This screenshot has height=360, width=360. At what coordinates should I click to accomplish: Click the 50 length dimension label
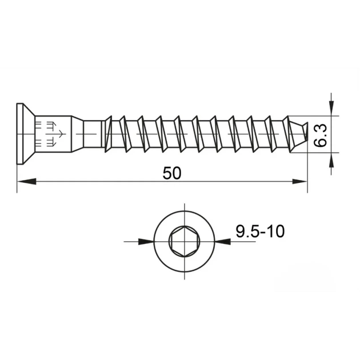[x=172, y=173]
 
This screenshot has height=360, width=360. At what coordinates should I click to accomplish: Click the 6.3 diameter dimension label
[x=320, y=135]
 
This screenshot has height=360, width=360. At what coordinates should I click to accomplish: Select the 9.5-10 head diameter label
[x=260, y=231]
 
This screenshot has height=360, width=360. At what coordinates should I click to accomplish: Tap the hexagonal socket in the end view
[x=185, y=242]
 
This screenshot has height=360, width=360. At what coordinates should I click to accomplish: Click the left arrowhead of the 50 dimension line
[x=27, y=181]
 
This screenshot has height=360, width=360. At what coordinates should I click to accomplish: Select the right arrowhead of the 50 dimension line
[x=299, y=181]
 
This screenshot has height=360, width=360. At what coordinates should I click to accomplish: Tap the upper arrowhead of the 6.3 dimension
[x=331, y=108]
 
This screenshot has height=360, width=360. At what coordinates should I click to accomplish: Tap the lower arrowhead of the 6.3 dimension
[x=331, y=160]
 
